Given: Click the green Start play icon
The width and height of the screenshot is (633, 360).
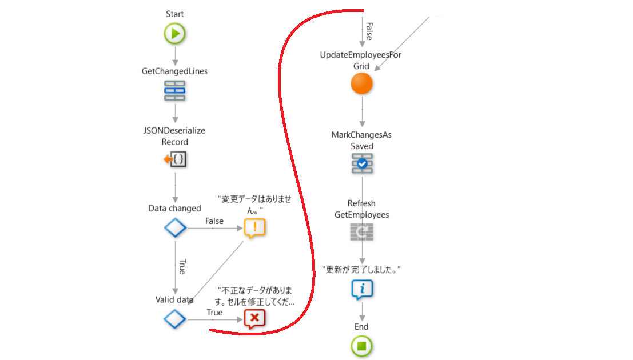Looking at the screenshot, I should (x=175, y=34).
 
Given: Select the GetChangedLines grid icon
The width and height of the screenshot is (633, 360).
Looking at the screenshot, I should (x=175, y=91).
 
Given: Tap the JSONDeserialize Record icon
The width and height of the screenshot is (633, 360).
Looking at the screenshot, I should (x=175, y=160).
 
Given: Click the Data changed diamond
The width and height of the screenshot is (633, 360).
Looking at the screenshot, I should (x=175, y=227).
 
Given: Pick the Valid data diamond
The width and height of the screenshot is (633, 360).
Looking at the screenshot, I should (x=175, y=318).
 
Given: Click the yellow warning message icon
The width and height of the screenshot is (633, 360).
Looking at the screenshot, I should (x=254, y=227).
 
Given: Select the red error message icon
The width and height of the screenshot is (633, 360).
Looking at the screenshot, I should (x=254, y=318).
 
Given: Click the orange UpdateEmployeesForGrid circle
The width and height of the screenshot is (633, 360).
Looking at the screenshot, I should (x=361, y=84).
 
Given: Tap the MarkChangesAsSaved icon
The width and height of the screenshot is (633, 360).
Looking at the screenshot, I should (x=361, y=163).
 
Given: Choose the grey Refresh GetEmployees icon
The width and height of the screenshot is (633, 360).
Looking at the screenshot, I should (x=361, y=231).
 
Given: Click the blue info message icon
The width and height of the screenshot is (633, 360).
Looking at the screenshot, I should (x=361, y=290).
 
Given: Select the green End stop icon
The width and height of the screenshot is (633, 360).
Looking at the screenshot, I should (x=361, y=345).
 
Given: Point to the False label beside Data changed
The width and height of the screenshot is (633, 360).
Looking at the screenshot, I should (x=214, y=221).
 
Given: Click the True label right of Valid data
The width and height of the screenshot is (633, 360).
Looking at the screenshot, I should (x=214, y=313).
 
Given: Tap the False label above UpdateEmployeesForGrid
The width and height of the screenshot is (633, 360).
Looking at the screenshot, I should (x=369, y=31).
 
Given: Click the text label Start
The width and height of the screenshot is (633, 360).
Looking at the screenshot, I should (x=175, y=14).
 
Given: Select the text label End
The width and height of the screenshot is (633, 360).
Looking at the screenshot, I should (x=361, y=327).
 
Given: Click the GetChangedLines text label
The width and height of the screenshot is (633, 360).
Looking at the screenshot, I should (x=174, y=71).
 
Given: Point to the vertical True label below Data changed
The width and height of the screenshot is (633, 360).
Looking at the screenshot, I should (x=182, y=267).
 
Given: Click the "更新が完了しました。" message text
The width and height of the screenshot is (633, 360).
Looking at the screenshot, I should (x=361, y=269).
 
